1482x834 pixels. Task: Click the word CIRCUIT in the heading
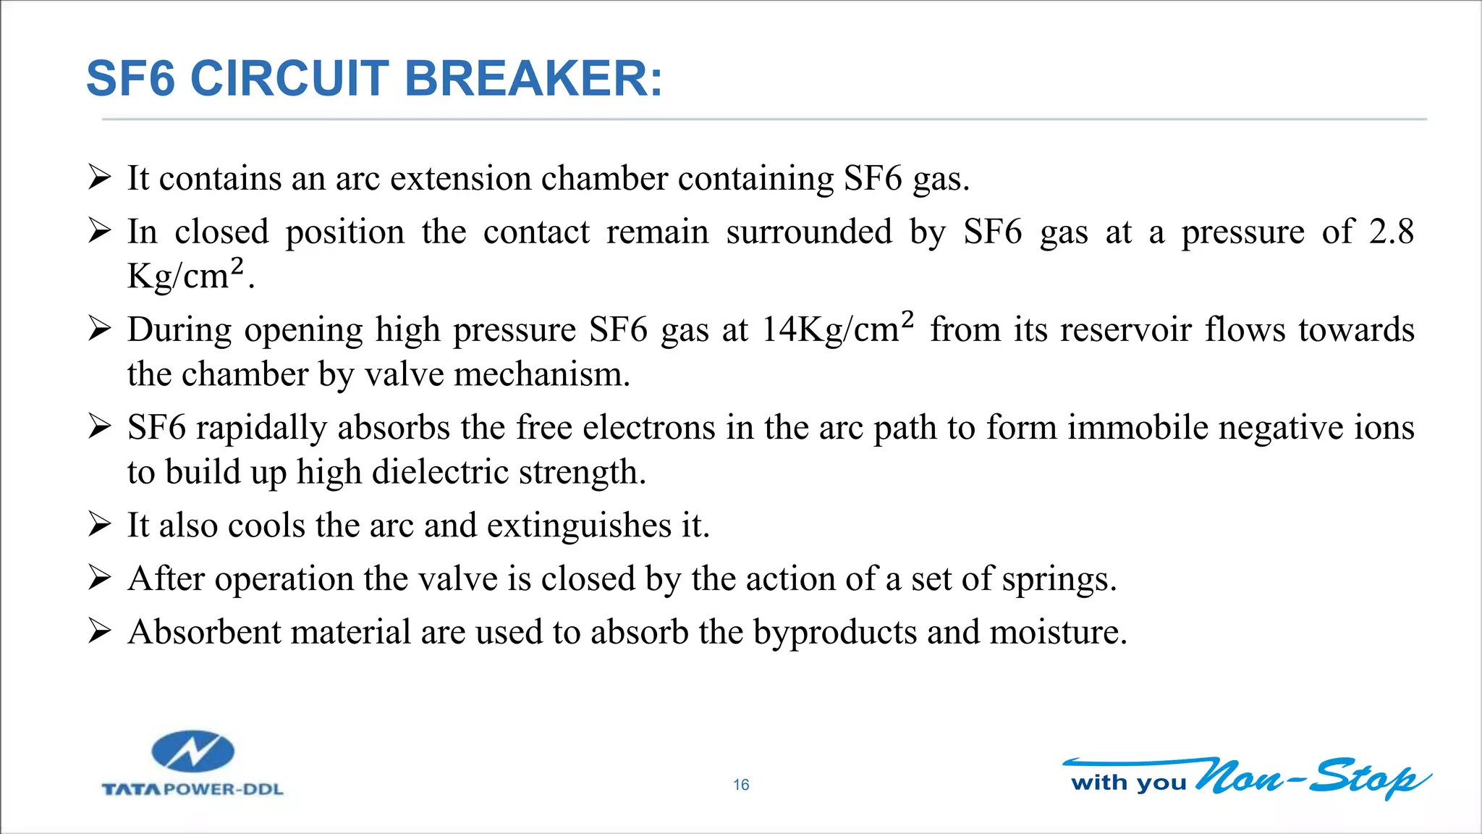pos(290,78)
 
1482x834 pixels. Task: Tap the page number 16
pos(741,785)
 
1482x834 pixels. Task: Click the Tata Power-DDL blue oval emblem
pos(192,751)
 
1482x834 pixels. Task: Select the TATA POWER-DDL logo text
pos(192,789)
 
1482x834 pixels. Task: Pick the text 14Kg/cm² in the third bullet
pos(838,329)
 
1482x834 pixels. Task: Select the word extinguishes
pos(579,526)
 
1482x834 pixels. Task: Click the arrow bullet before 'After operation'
pos(99,578)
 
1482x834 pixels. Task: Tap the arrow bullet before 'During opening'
pos(99,329)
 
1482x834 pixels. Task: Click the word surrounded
pos(809,232)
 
